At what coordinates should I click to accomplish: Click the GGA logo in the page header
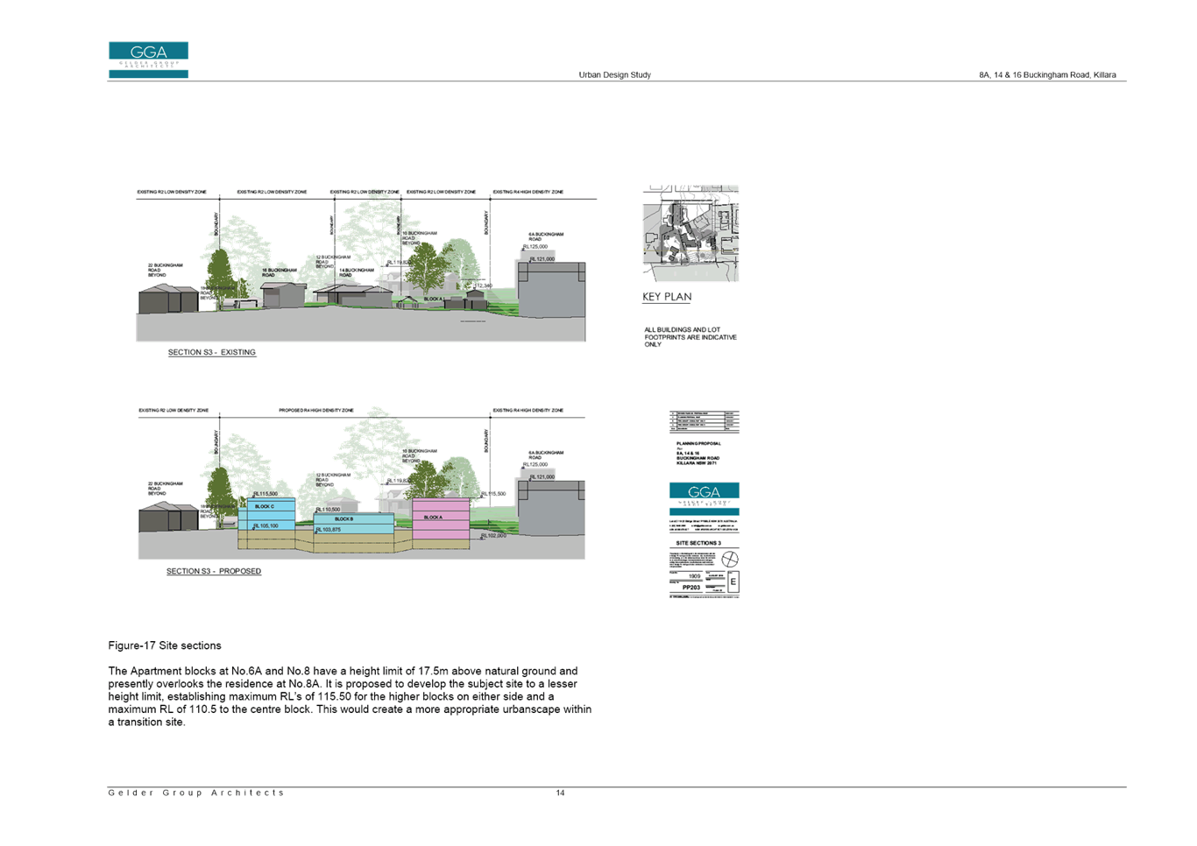(148, 60)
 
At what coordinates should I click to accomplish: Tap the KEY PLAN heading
(667, 297)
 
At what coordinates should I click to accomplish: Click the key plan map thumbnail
(691, 233)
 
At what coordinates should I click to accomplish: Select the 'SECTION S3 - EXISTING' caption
(212, 352)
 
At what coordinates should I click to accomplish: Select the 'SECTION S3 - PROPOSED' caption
(215, 571)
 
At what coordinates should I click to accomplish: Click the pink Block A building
(441, 524)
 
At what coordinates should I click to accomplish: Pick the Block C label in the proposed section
(264, 506)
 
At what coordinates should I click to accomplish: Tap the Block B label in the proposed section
(344, 518)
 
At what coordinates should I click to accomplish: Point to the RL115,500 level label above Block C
(266, 494)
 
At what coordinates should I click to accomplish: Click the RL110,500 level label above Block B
(328, 509)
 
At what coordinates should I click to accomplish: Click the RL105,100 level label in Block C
(266, 526)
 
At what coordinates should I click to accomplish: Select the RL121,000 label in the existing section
(542, 259)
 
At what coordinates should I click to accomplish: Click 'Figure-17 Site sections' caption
(165, 645)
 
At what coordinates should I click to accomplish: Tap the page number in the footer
(560, 793)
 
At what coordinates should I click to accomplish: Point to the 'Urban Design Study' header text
(614, 74)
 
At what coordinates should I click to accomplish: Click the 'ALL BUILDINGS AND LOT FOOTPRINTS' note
(691, 337)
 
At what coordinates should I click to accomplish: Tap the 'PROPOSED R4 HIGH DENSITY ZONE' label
(316, 410)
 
